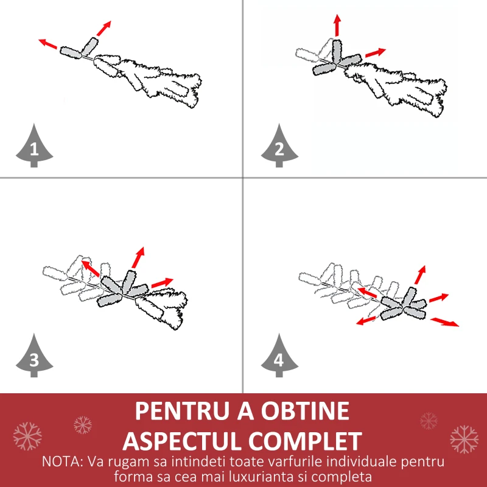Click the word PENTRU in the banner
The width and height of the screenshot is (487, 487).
(181, 411)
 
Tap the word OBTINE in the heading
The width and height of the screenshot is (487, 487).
(305, 411)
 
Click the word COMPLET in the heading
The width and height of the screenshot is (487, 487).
(306, 441)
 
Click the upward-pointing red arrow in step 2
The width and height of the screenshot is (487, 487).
(337, 25)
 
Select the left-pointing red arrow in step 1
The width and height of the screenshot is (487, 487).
(48, 44)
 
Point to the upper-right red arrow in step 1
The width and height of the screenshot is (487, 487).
(103, 28)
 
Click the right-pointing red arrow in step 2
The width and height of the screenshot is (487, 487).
(376, 53)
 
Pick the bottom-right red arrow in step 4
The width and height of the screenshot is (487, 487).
(444, 322)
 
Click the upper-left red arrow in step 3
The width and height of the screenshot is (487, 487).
(90, 268)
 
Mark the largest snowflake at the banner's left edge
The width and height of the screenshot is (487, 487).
(27, 436)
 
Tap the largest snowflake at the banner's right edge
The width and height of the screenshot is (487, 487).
(464, 439)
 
